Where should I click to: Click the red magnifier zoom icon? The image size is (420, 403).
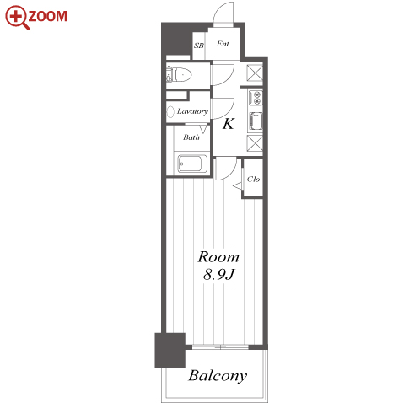point(16,17)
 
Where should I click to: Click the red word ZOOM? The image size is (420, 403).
point(47,16)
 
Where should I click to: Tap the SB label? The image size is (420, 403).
point(199,46)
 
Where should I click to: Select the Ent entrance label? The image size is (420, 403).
point(223,44)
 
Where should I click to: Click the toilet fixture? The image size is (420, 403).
point(179,75)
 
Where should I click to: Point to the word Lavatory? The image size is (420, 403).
point(192,111)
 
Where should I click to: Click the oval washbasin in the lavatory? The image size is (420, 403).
point(170,112)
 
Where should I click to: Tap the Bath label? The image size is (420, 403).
point(191,137)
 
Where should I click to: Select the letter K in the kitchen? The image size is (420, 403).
point(229,124)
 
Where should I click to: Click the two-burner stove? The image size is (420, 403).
point(256,97)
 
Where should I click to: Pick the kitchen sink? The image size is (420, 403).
point(256,121)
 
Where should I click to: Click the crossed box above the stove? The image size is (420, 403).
point(255,73)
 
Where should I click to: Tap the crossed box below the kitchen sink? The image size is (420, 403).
point(255,143)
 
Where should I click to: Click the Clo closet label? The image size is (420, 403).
point(253,179)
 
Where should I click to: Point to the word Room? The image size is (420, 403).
point(218,257)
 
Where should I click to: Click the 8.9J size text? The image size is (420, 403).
point(218,274)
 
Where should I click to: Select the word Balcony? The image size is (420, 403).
point(218,376)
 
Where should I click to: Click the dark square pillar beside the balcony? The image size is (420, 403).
point(170,350)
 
